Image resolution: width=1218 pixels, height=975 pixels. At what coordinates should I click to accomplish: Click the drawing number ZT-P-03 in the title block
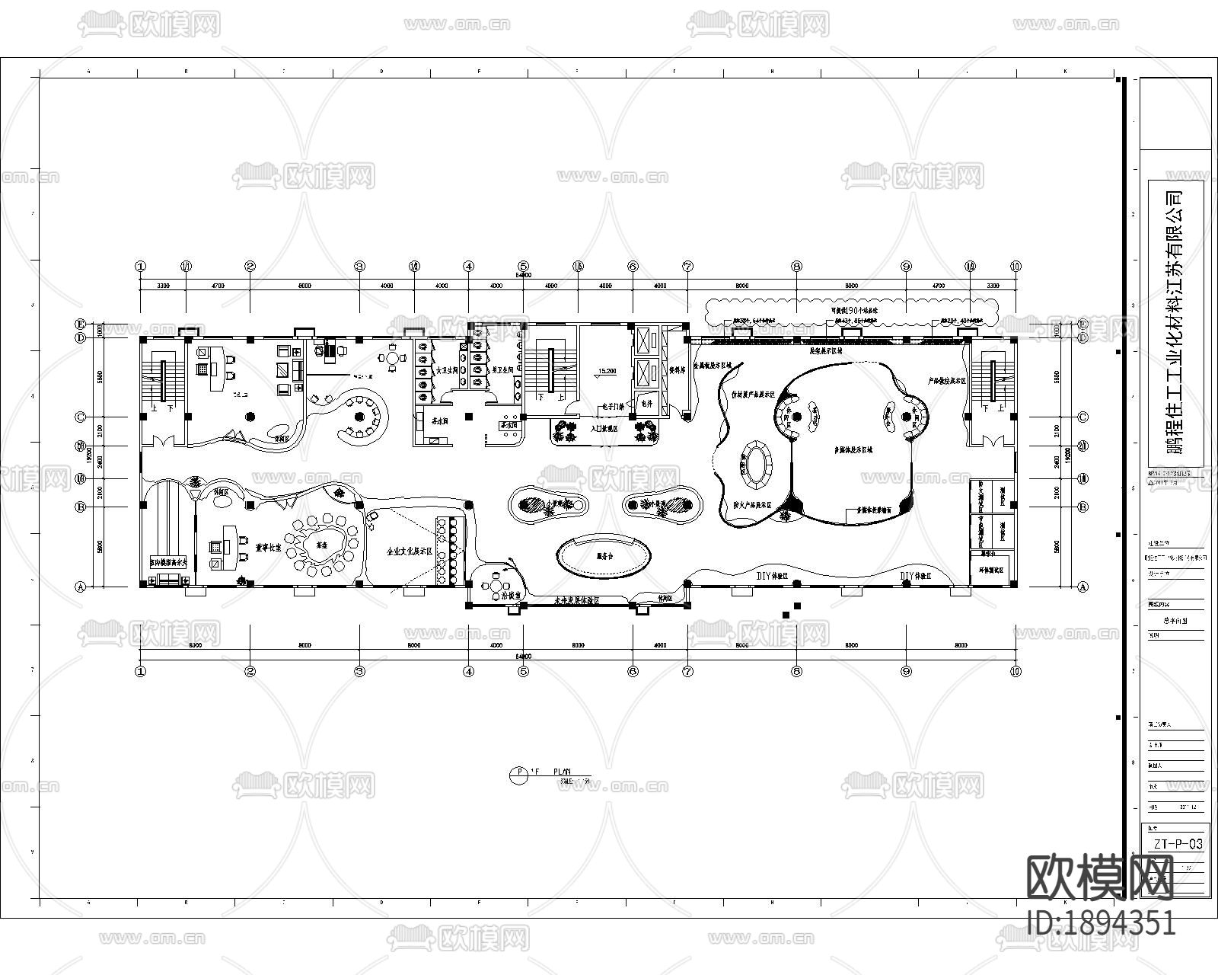[1177, 843]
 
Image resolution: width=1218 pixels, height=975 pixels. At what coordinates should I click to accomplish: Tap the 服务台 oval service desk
[604, 556]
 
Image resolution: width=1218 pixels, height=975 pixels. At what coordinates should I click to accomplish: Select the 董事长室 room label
[268, 547]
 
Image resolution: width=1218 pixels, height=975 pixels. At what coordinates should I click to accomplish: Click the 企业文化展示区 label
[410, 551]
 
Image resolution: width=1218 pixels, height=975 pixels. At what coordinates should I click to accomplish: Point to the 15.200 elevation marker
[607, 372]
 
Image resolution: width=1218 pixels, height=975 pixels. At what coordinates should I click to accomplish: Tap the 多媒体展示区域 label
[853, 450]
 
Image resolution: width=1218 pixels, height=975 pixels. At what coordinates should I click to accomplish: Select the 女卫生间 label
[446, 370]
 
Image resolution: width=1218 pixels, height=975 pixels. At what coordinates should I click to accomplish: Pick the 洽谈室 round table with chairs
[496, 586]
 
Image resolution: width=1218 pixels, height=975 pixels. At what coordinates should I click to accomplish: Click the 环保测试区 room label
[992, 569]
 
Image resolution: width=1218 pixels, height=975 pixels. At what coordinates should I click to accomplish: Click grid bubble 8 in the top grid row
[796, 267]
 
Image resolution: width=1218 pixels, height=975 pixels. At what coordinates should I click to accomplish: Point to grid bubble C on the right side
[1082, 417]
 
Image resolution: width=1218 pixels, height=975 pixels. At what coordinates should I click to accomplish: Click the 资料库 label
[676, 371]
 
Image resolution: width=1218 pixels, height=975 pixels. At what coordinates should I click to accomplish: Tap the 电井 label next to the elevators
[647, 401]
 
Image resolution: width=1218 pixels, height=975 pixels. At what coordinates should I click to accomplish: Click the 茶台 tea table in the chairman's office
[321, 545]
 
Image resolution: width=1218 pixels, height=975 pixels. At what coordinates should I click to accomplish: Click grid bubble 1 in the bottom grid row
[140, 671]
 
